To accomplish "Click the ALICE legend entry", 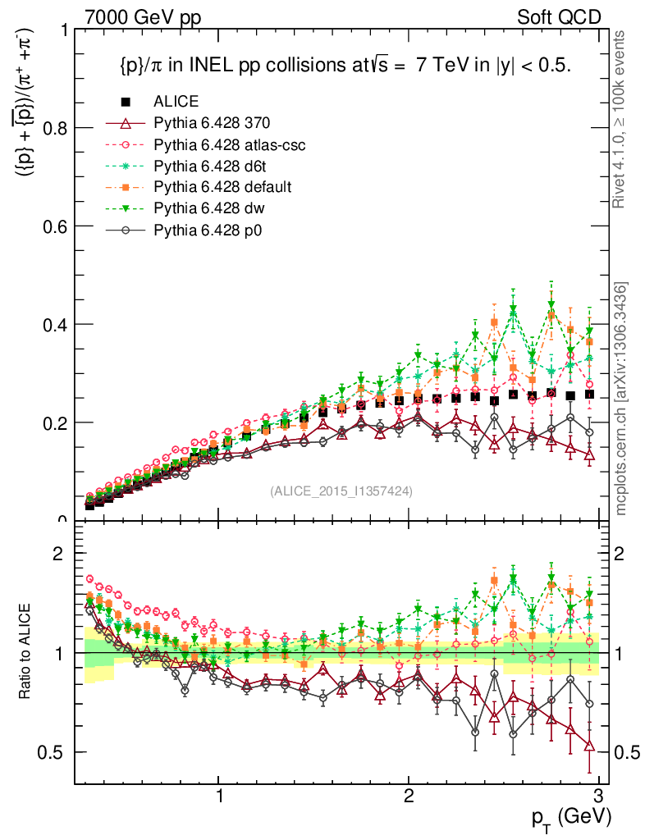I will (176, 102).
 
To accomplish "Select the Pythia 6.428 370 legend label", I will (212, 123).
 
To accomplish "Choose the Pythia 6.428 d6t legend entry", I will (212, 166).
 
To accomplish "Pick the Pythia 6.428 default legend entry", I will (222, 187).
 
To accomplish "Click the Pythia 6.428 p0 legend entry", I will (210, 230).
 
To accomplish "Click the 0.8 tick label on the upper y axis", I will (53, 128).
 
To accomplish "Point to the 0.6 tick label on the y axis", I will (53, 226).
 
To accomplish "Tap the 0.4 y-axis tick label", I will (53, 325).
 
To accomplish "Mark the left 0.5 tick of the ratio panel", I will (53, 752).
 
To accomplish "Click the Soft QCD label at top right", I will (560, 16).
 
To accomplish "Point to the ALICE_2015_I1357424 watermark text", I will (341, 491).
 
